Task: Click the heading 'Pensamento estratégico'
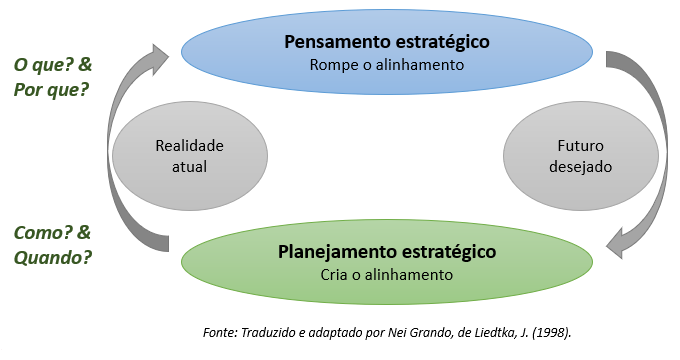pyautogui.click(x=386, y=43)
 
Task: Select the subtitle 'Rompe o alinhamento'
pyautogui.click(x=386, y=65)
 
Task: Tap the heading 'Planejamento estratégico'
pyautogui.click(x=386, y=251)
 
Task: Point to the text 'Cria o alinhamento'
pyautogui.click(x=386, y=274)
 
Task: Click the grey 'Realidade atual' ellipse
pyautogui.click(x=190, y=156)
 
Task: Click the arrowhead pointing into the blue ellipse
pyautogui.click(x=160, y=55)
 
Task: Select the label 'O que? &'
pyautogui.click(x=52, y=65)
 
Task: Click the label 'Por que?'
pyautogui.click(x=51, y=89)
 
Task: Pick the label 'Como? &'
pyautogui.click(x=52, y=232)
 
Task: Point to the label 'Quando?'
pyautogui.click(x=53, y=256)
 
